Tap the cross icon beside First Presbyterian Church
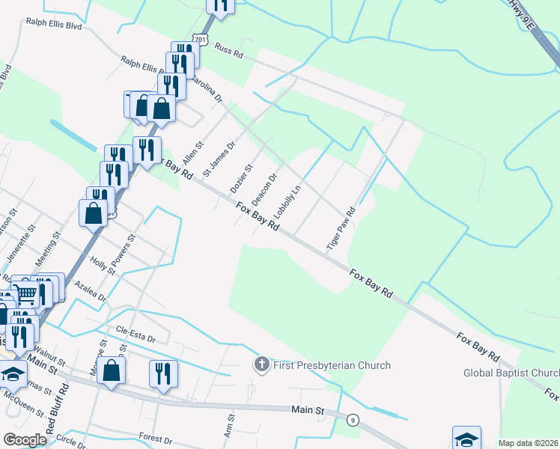pyautogui.click(x=261, y=365)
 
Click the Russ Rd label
pyautogui.click(x=229, y=51)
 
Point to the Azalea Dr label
pyautogui.click(x=91, y=291)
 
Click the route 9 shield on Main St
pyautogui.click(x=351, y=421)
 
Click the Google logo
pyautogui.click(x=25, y=439)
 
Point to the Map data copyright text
pyautogui.click(x=529, y=443)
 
